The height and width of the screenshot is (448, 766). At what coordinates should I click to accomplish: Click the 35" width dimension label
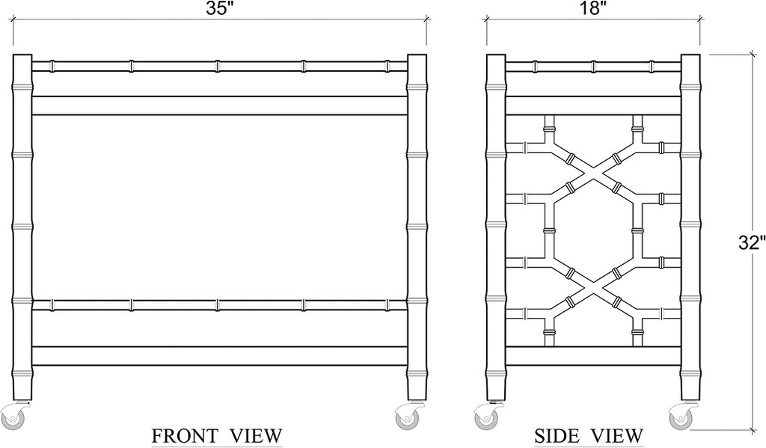point(217,9)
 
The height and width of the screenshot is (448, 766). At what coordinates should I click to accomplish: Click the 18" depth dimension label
point(593,9)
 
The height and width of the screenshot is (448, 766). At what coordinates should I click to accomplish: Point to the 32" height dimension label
point(751,243)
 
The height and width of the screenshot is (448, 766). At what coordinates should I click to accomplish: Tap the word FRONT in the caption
point(184,435)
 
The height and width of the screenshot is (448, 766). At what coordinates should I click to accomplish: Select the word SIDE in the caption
point(557,435)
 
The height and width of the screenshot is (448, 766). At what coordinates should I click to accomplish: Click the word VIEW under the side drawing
point(617,435)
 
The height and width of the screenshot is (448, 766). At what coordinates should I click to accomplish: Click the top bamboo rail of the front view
point(219,66)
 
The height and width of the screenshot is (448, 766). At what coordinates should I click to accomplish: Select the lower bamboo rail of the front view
point(219,305)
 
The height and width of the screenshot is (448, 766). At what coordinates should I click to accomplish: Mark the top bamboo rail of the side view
point(593,66)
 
